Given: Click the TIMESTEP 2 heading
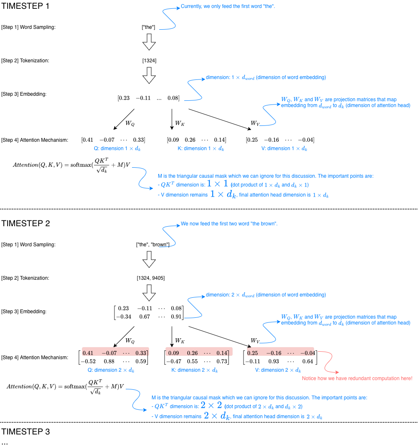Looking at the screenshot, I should [x=25, y=223].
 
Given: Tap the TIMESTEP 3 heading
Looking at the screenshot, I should [x=25, y=432].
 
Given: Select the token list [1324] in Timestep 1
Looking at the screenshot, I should [x=149, y=61].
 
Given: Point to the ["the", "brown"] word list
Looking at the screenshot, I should [x=152, y=245].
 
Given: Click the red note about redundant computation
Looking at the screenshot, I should [x=357, y=378].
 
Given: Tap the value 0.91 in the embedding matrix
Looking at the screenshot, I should [x=176, y=317].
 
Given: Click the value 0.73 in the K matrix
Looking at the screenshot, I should [x=222, y=361].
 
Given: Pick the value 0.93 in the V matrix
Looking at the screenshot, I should [x=274, y=361].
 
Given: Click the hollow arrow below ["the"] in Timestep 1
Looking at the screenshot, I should [x=149, y=42].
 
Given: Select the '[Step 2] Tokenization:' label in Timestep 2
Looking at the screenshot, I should [x=25, y=278].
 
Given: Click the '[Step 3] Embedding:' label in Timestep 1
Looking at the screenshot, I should [x=23, y=94].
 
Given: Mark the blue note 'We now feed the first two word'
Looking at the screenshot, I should [x=229, y=224].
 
